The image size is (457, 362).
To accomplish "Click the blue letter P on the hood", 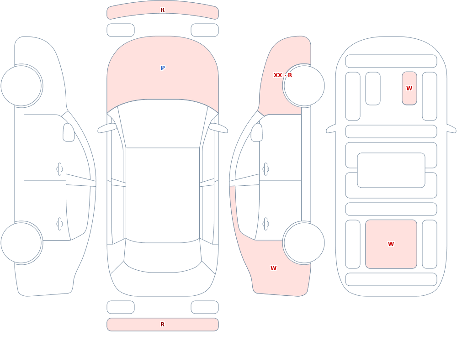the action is (x=163, y=68).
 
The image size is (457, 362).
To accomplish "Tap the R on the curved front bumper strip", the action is (x=163, y=10).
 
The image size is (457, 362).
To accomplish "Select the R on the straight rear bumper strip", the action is (x=163, y=325).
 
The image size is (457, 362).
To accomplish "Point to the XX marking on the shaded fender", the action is (x=278, y=75).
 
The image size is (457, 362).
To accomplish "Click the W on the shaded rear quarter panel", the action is (x=273, y=268).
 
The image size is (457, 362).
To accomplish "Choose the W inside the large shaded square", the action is (x=391, y=244).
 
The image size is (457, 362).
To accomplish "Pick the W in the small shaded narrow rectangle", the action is (x=409, y=88).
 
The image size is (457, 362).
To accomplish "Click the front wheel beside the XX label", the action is (x=304, y=86).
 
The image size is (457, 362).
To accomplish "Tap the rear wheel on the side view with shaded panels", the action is (x=304, y=242).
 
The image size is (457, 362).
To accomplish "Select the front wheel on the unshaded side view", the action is (x=21, y=86).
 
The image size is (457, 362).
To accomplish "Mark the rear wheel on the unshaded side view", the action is (x=21, y=242).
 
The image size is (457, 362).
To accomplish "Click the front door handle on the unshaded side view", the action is (x=60, y=169).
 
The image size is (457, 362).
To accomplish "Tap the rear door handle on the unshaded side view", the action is (x=60, y=224).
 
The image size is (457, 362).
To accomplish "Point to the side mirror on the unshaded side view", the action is (x=69, y=132).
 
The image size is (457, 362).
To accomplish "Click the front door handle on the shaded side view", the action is (x=266, y=169).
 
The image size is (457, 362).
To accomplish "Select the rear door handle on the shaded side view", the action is (x=266, y=224).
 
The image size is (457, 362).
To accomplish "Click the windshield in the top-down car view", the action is (x=163, y=124).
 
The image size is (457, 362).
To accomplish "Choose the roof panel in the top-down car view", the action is (x=163, y=195).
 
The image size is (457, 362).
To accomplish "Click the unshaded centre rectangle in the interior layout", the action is (x=391, y=170).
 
